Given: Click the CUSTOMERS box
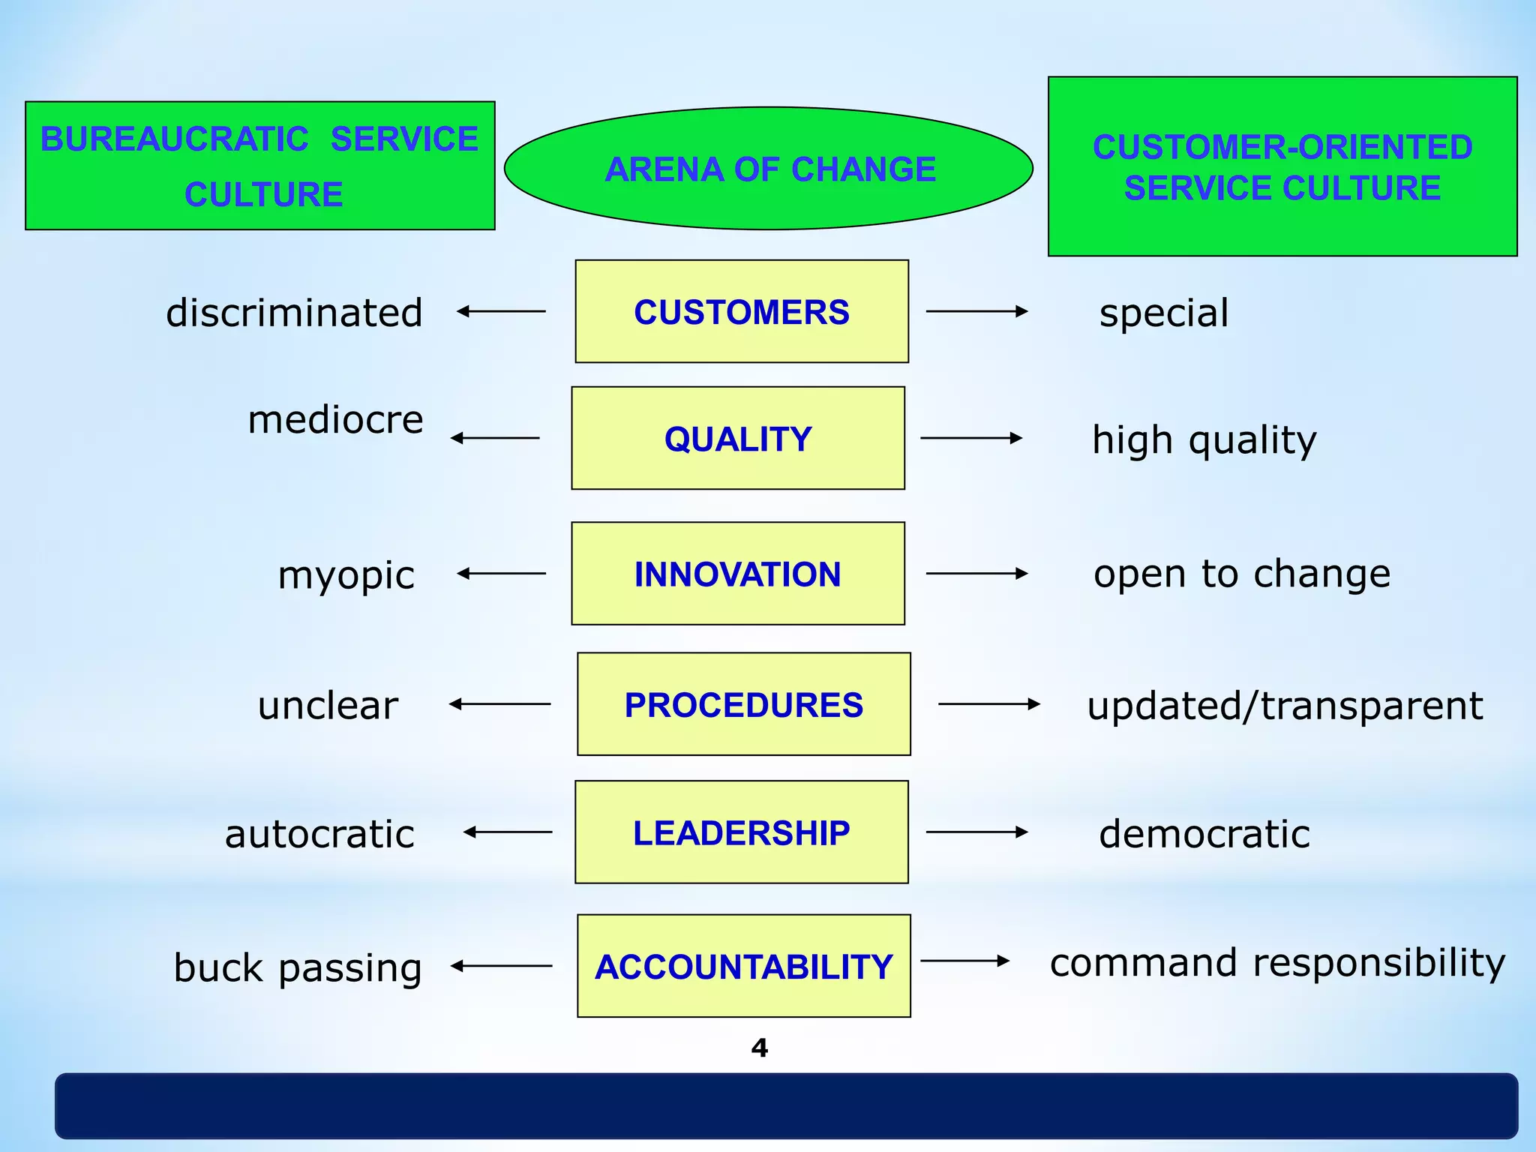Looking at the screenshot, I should (742, 311).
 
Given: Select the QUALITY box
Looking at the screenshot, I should (738, 438).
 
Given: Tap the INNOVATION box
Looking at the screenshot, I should (738, 573).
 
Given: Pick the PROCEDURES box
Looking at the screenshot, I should (743, 703).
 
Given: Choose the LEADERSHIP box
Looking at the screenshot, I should (741, 832).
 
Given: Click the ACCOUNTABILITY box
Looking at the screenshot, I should (743, 965).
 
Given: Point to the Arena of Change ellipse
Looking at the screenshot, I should (769, 169).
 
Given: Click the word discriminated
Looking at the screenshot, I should (294, 313).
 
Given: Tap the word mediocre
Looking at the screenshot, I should (335, 419).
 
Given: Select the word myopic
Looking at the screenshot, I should (346, 576).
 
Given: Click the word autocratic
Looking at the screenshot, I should (319, 834).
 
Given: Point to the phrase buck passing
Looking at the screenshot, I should (298, 967).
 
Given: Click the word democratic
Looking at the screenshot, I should (1204, 834).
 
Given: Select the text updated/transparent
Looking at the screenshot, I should (1285, 706).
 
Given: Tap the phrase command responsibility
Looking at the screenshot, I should (1277, 962).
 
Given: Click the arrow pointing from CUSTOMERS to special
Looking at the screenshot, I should (976, 311).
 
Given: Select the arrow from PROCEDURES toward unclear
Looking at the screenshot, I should (499, 703).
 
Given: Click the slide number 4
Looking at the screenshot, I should (759, 1048).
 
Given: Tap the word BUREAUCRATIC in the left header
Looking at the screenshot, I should (174, 139).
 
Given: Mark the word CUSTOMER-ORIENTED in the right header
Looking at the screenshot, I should (1282, 147).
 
